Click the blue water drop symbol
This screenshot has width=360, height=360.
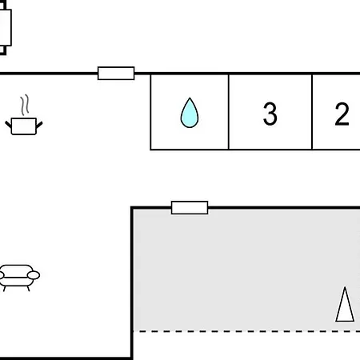point(190,113)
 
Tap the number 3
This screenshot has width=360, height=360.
point(270,114)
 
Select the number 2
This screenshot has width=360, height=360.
point(342,114)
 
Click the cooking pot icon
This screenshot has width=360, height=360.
point(24,126)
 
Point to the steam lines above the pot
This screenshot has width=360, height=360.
point(25,105)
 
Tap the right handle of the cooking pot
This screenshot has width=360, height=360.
point(39,125)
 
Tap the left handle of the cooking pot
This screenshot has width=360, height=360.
point(8,125)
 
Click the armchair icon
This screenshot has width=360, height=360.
point(18,278)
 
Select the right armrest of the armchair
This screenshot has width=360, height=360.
point(34,275)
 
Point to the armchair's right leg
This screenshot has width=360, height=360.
point(28,288)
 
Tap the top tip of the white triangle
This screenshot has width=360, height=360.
point(345,287)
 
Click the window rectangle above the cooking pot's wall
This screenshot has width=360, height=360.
point(116,73)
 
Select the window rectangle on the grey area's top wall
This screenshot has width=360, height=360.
point(190,207)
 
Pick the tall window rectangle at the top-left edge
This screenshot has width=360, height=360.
point(5,27)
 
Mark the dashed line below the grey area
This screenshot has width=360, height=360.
point(246,331)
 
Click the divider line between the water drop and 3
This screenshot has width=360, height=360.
point(229,112)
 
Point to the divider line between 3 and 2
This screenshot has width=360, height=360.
point(312,112)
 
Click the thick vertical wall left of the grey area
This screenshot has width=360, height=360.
point(132,282)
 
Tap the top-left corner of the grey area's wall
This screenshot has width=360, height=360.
point(131,207)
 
